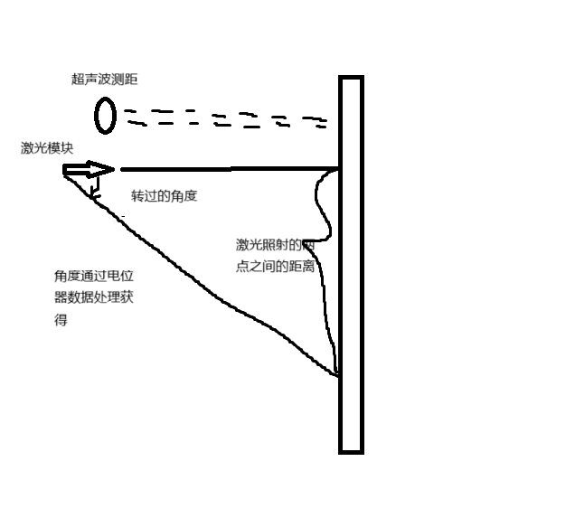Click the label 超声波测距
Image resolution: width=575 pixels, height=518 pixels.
point(105,80)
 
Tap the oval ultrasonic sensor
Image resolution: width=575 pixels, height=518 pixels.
point(105,116)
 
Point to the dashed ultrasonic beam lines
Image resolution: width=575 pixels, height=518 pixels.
point(226,118)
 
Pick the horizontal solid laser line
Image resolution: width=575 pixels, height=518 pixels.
point(226,168)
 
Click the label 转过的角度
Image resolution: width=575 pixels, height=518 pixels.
point(164,196)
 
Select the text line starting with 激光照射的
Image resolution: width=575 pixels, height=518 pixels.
point(274,245)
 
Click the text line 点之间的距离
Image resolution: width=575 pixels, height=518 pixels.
point(275,267)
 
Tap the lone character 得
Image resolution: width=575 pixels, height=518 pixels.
point(61,319)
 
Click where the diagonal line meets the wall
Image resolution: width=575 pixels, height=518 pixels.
point(339,374)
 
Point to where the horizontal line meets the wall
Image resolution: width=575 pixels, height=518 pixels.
point(339,168)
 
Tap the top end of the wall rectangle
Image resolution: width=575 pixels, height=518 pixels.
point(351,79)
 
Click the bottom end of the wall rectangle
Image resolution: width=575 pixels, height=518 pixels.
point(351,450)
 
